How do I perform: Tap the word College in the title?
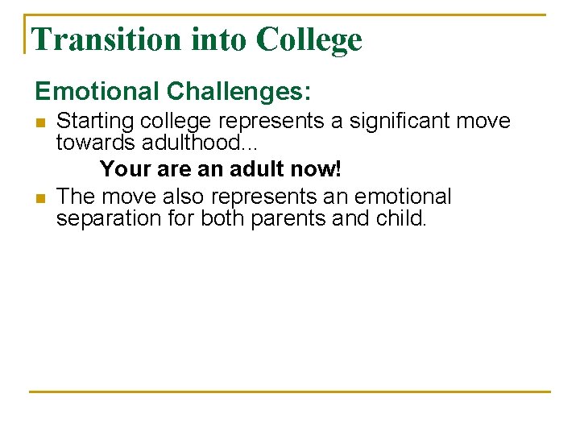point(309,39)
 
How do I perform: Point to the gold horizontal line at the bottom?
point(290,392)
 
